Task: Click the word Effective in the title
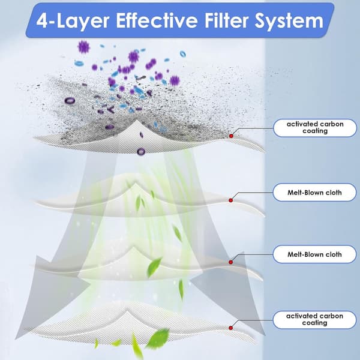157,20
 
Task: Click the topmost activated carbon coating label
315,128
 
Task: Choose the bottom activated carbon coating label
314,320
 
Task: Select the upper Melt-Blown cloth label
314,193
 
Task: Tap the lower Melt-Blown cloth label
314,254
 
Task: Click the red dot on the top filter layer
231,136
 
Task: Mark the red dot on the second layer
231,200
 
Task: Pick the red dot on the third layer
231,262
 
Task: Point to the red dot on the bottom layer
231,328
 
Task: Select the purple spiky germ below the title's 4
83,47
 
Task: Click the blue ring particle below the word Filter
183,54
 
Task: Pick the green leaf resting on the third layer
154,267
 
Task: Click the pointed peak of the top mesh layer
137,121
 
